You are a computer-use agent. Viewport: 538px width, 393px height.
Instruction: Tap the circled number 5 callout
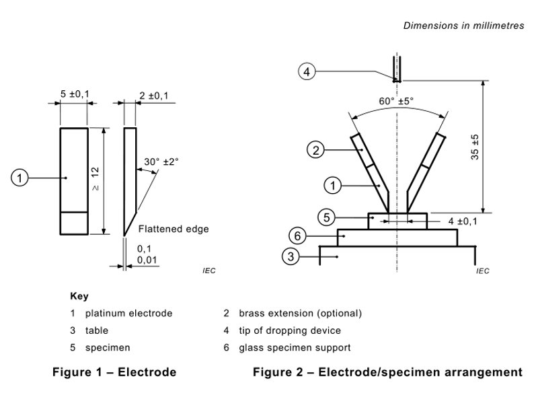click(325, 217)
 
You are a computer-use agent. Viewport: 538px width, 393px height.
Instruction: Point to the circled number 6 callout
click(297, 236)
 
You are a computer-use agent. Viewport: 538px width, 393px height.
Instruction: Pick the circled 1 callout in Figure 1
click(21, 178)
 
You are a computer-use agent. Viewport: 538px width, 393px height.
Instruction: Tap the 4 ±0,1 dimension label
click(463, 221)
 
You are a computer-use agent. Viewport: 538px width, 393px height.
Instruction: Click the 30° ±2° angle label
click(161, 162)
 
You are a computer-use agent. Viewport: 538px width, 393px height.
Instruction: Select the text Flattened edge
click(174, 229)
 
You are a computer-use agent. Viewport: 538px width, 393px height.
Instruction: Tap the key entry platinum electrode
click(128, 314)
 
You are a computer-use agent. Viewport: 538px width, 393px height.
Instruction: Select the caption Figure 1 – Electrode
click(114, 372)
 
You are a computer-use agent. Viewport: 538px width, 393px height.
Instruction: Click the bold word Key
click(79, 296)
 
